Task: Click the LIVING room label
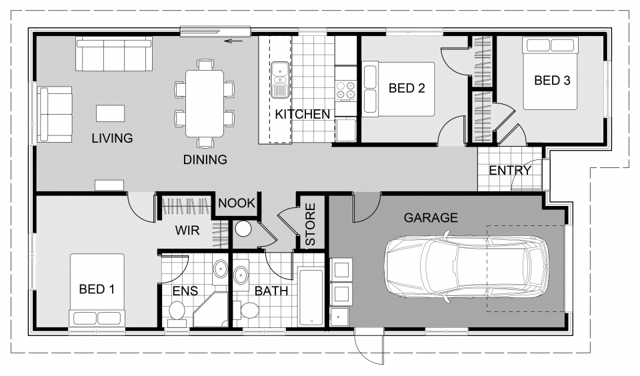coord(112,139)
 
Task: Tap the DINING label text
coord(205,160)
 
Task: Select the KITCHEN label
coord(302,115)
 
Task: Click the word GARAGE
coord(431,218)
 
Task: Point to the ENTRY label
coord(510,171)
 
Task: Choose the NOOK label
coord(237,203)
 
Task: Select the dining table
coord(205,103)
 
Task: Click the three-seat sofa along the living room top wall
coord(114,55)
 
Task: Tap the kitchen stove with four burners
coord(345,89)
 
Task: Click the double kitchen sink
coord(279,78)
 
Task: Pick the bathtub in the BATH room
coord(311,296)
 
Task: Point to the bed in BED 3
coord(551,73)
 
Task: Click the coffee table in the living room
coord(110,113)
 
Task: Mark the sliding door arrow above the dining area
coord(233,41)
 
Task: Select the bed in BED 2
coord(398,89)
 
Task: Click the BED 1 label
coord(97,289)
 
